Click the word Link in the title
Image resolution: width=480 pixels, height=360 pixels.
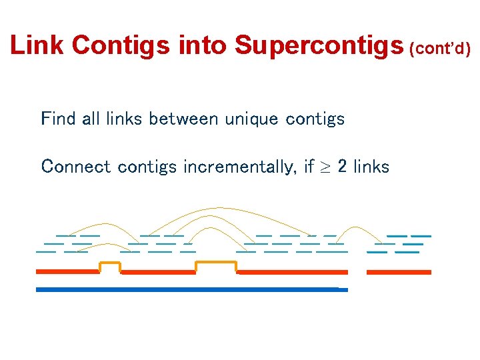pos(38,45)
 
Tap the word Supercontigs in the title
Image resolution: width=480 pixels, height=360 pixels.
pos(319,45)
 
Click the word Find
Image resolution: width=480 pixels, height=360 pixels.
pos(58,119)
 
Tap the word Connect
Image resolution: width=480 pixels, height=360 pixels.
pos(76,166)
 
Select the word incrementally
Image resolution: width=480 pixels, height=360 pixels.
pos(207,167)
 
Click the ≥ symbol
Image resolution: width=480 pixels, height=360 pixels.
pos(327,167)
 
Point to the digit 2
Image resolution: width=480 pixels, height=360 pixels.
pos(342,166)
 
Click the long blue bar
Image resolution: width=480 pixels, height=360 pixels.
pos(191,289)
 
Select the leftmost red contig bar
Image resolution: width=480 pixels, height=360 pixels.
pos(67,272)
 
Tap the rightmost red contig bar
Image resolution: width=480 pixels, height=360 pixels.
pos(399,272)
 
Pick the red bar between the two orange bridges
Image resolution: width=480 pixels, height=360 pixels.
pos(157,272)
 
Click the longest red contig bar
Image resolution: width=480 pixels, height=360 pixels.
pos(293,272)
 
